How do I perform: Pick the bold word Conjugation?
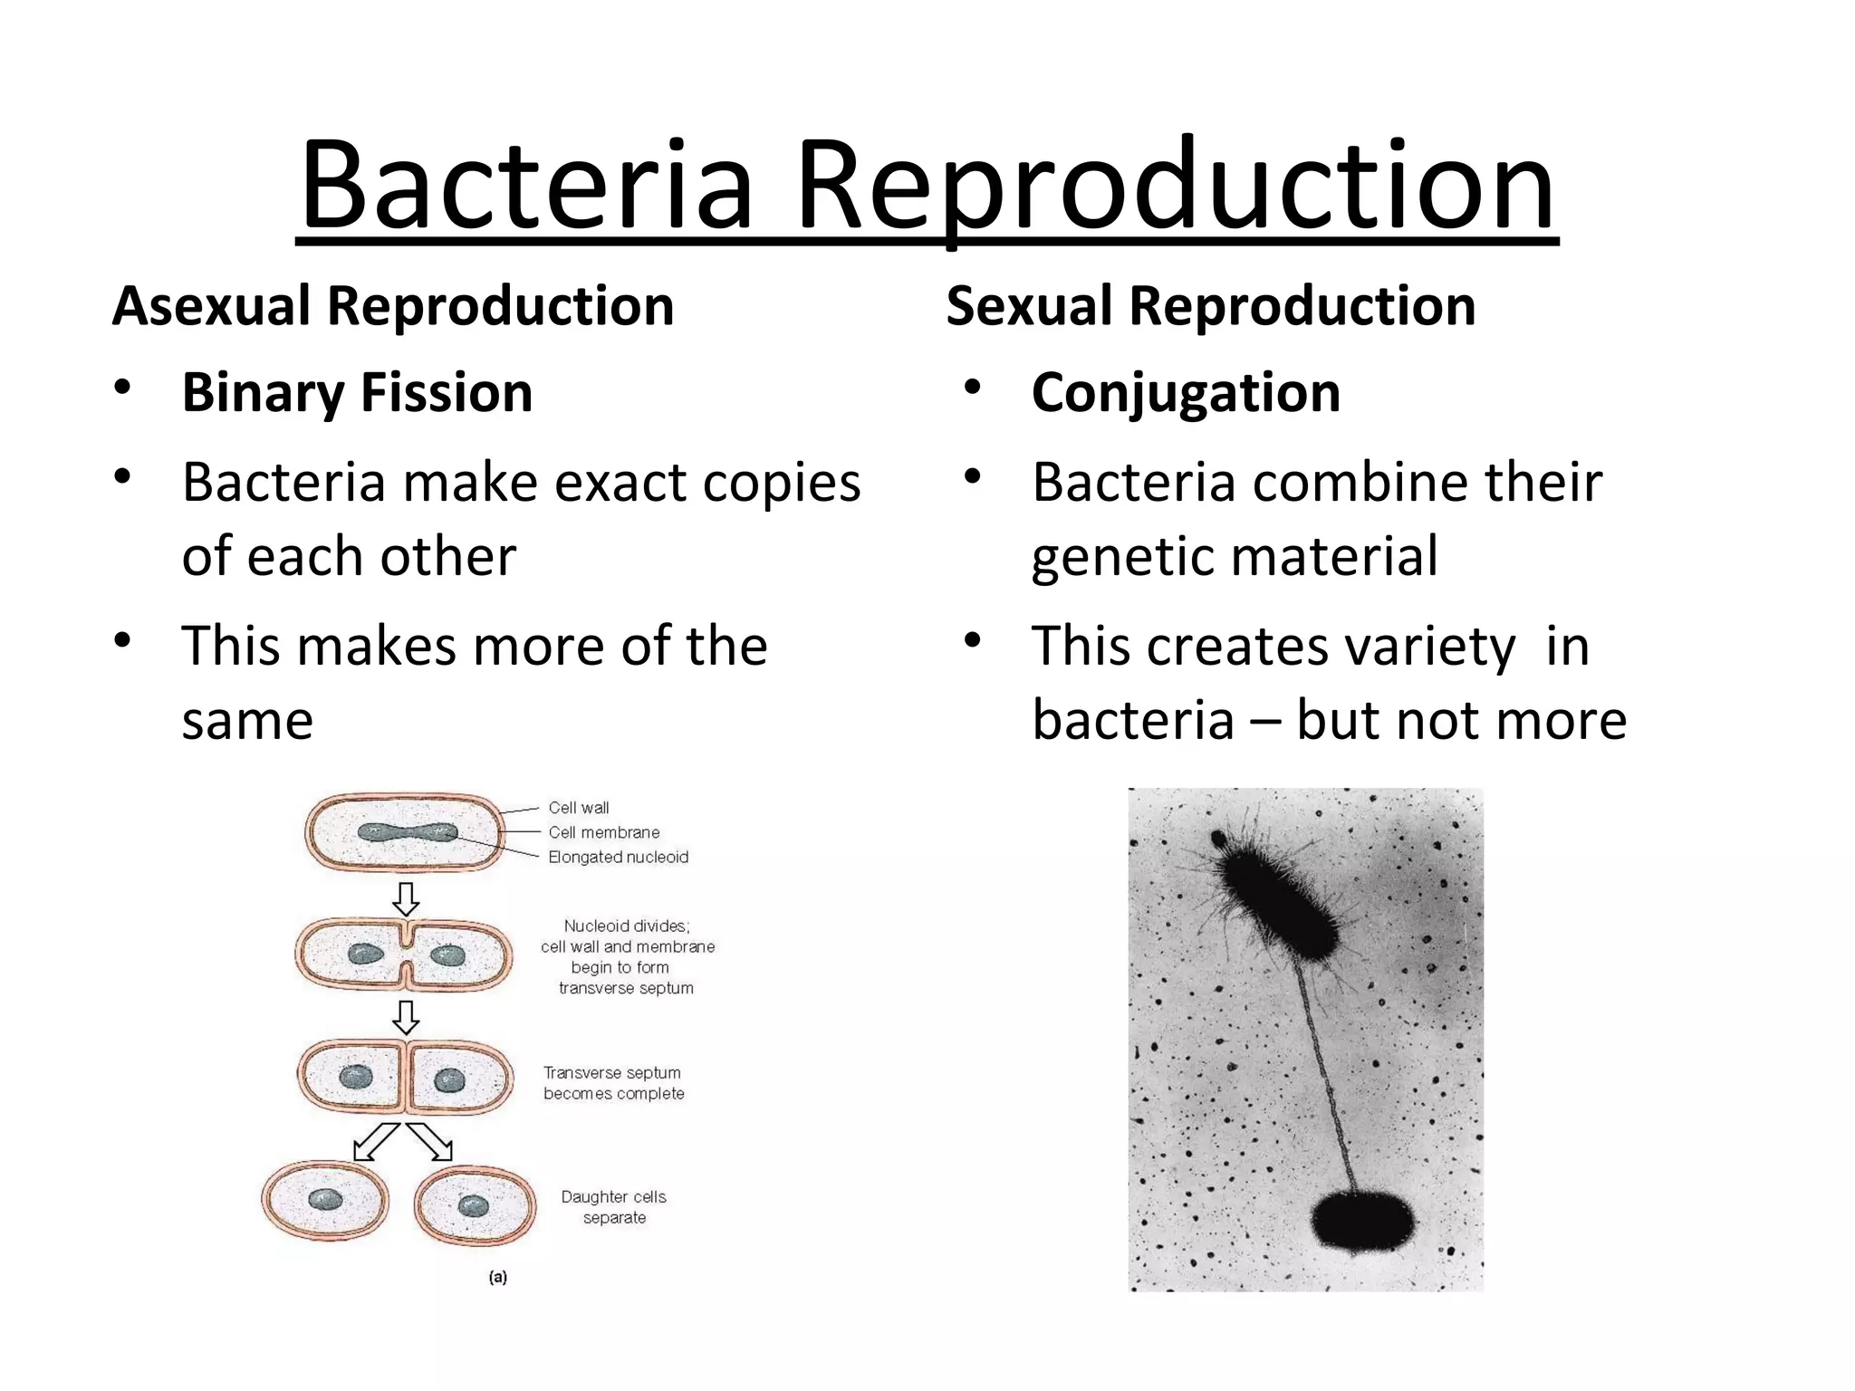click(x=1186, y=394)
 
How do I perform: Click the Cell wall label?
click(x=578, y=808)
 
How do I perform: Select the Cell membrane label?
click(x=603, y=832)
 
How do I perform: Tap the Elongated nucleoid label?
click(x=618, y=857)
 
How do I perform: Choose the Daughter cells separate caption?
click(x=614, y=1207)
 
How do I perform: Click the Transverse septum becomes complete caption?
click(x=613, y=1083)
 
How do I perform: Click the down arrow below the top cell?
click(x=406, y=899)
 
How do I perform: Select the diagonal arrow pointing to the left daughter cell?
click(x=375, y=1141)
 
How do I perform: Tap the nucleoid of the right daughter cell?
click(x=473, y=1205)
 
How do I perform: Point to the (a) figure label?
click(x=497, y=1277)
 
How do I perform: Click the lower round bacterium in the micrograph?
click(x=1361, y=1221)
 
